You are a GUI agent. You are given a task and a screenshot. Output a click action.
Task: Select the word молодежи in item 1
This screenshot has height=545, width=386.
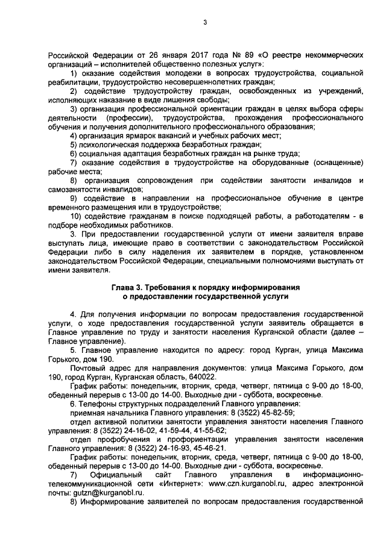coord(178,73)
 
